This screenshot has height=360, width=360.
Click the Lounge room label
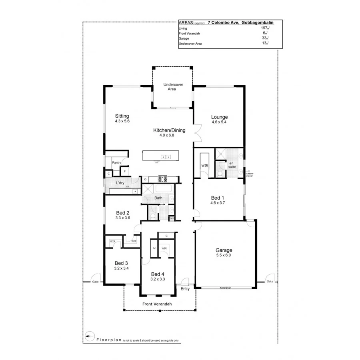219,117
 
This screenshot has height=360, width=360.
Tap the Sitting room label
122,116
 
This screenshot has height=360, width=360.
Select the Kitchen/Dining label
169,130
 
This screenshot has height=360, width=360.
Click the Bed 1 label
218,198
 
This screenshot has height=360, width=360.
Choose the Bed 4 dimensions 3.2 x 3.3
158,279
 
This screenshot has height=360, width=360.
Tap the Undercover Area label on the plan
172,86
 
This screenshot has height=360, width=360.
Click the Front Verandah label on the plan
157,304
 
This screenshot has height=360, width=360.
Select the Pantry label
116,163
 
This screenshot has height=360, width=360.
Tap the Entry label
185,289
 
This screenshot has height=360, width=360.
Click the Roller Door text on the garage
226,288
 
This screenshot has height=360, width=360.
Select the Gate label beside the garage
270,282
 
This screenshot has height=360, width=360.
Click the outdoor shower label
249,175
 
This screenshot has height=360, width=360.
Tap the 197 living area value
264,28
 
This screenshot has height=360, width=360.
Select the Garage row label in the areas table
184,38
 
